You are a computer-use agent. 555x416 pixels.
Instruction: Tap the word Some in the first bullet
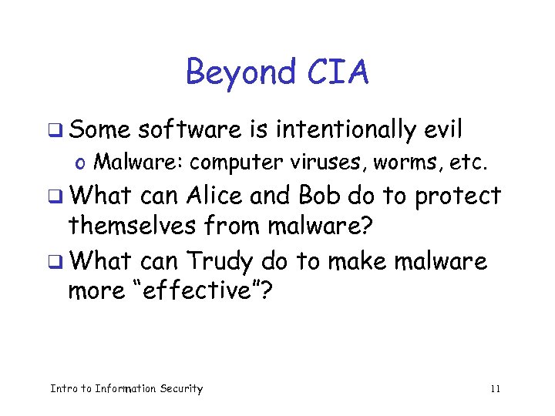tap(98, 130)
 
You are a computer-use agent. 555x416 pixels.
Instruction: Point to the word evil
tap(444, 130)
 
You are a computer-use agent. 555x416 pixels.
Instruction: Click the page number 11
tap(495, 389)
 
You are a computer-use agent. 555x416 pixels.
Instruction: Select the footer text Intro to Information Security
tap(126, 389)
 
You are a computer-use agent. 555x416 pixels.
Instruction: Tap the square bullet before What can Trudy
tap(62, 263)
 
